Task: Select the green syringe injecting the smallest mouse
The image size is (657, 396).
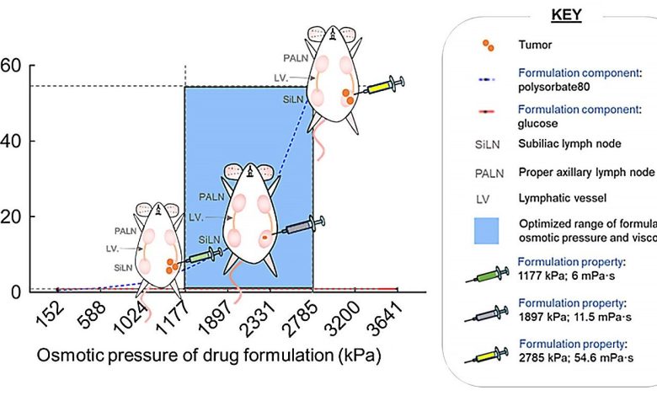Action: (203, 254)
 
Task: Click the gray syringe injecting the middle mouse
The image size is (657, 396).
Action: (301, 227)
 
